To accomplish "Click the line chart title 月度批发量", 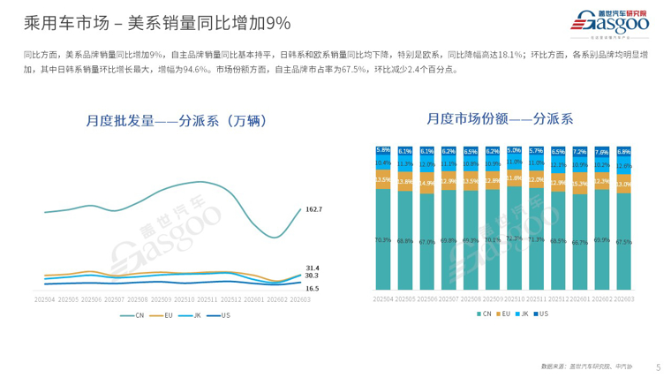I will click(177, 120).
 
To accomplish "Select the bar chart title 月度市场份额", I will click(500, 117).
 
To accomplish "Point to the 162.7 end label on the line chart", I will click(313, 209).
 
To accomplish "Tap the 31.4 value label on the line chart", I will click(312, 268).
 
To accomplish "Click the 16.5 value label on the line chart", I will click(312, 288).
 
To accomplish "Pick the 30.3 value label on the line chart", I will click(312, 276).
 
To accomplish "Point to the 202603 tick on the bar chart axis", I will click(622, 299).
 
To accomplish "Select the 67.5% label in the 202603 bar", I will click(622, 240).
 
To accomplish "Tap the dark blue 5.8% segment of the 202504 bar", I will click(383, 150).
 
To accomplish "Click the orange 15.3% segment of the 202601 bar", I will click(579, 184).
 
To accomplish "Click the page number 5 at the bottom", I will click(658, 367).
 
